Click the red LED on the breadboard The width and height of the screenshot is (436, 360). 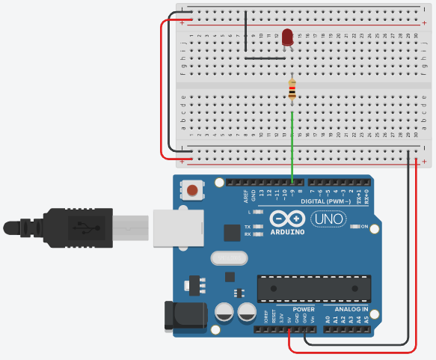point(287,37)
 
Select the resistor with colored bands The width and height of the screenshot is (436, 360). point(292,91)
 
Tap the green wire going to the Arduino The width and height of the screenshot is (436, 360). point(292,150)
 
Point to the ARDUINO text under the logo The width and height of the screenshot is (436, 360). point(287,232)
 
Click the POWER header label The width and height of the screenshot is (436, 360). point(304,309)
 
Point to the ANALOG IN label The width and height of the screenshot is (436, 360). point(350,309)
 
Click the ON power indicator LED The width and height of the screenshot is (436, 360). point(355,227)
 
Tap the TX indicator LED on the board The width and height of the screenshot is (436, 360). point(258,226)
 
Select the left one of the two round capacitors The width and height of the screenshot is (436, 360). point(224,313)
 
